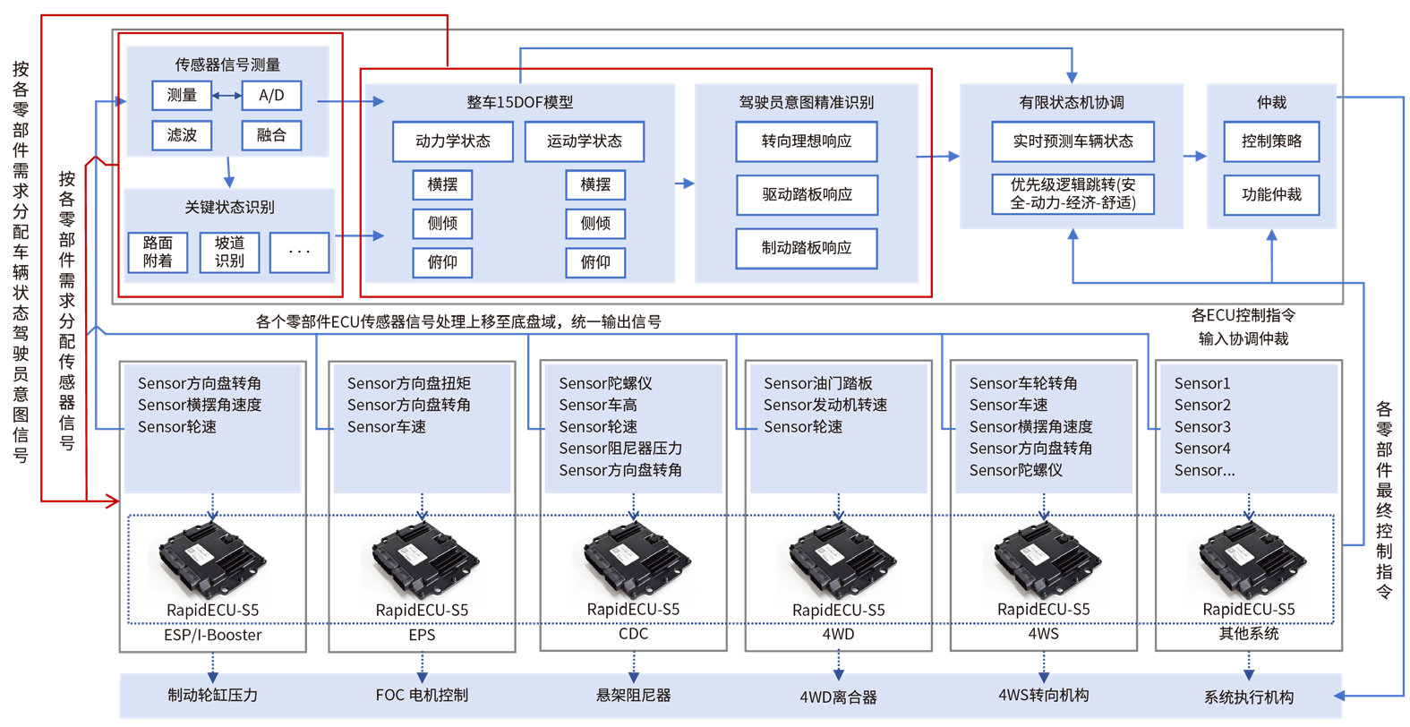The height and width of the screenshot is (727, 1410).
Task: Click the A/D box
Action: (271, 95)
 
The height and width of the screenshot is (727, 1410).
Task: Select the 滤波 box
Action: (182, 135)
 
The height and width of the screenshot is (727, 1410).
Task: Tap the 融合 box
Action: (271, 135)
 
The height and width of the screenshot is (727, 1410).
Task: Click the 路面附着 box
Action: (158, 252)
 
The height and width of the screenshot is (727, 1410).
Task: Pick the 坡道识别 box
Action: (229, 252)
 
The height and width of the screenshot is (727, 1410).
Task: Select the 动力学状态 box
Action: (453, 141)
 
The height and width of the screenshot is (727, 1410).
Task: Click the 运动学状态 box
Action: (584, 141)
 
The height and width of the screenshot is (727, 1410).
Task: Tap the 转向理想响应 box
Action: (806, 141)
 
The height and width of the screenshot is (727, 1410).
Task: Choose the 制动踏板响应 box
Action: (806, 248)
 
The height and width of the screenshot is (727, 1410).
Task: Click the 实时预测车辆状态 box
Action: (1072, 141)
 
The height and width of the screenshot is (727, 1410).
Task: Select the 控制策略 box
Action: (1271, 141)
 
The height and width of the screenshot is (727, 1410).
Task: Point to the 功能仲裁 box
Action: (1271, 194)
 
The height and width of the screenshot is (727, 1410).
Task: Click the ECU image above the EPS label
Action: (423, 560)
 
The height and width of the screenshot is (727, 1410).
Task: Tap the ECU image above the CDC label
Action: (634, 560)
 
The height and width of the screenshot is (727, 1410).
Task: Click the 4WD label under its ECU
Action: (838, 634)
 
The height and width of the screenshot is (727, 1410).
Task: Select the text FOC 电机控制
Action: (422, 695)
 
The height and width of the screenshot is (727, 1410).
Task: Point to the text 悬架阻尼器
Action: (633, 695)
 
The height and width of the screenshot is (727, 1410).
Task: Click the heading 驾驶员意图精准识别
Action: (806, 102)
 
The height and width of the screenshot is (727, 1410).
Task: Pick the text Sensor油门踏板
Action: (817, 383)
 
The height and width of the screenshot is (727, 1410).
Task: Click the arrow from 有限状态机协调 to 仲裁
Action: (1194, 157)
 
